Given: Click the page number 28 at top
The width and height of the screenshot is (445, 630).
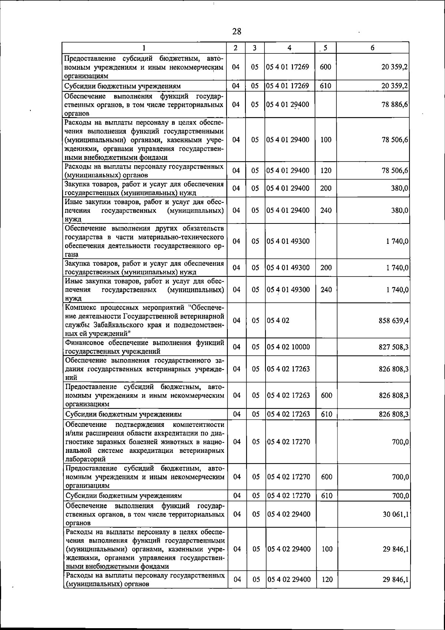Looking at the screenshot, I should pos(237,31).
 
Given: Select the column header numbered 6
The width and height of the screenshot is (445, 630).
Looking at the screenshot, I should pos(372,47).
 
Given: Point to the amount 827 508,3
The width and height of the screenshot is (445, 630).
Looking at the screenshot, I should pos(393,347).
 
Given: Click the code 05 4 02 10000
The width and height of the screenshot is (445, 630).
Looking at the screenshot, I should pos(288,347).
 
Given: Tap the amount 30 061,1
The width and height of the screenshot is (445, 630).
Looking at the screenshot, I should pos(396,514).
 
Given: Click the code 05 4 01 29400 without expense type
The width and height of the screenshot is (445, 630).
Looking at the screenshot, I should pos(288,105).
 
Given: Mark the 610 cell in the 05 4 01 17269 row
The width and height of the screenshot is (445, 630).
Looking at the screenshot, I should pos(326,86).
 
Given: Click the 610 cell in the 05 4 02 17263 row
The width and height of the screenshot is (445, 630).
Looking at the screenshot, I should pos(326,414).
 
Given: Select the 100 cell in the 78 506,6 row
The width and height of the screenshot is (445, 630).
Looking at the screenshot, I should pos(326,140).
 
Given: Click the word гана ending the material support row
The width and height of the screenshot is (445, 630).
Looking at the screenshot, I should pos(71,255).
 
